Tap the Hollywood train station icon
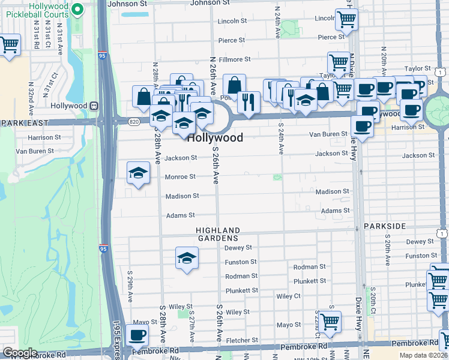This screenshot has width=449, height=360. pyautogui.click(x=94, y=106)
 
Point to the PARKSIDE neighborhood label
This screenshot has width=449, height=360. pyautogui.click(x=385, y=226)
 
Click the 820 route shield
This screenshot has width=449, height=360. pyautogui.click(x=133, y=121)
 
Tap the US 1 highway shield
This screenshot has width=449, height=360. pyautogui.click(x=443, y=232)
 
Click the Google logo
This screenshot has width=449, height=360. pyautogui.click(x=20, y=353)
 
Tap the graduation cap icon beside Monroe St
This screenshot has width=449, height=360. pyautogui.click(x=138, y=173)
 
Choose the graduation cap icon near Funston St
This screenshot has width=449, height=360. pyautogui.click(x=187, y=258)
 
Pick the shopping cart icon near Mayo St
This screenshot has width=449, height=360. pyautogui.click(x=330, y=322)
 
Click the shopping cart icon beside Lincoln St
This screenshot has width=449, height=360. pyautogui.click(x=346, y=19)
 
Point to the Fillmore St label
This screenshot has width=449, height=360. pyautogui.click(x=234, y=59)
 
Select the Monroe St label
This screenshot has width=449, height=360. pyautogui.click(x=181, y=177)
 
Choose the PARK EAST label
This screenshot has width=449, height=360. pyautogui.click(x=19, y=122)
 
